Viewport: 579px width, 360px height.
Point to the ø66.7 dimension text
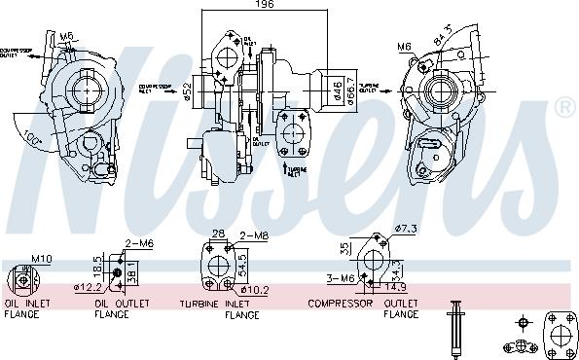[x=350, y=90]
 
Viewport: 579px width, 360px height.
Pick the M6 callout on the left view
[x=66, y=37]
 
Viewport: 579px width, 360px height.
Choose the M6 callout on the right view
[x=404, y=46]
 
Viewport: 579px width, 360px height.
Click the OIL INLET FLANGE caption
[x=27, y=309]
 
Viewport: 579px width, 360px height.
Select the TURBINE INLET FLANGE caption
[x=219, y=309]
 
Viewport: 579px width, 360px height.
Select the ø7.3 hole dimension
[x=406, y=229]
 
